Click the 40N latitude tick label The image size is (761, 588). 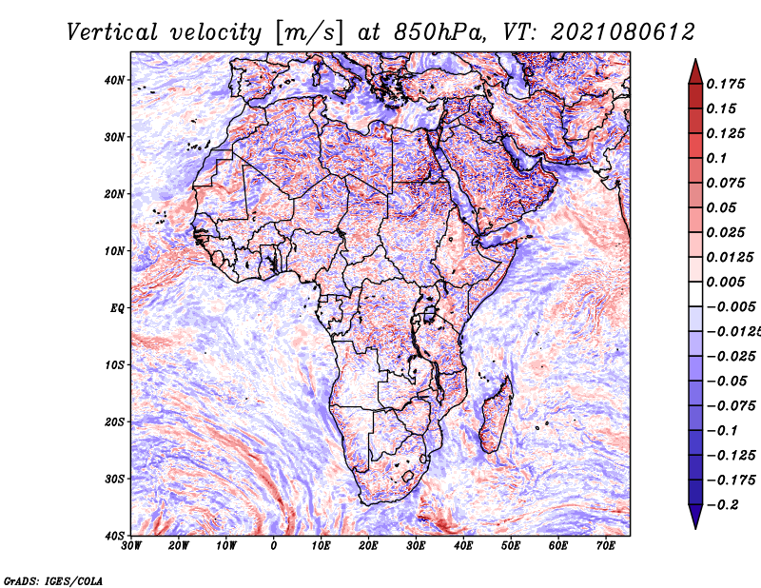pyautogui.click(x=114, y=80)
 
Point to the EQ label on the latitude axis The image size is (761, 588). pyautogui.click(x=117, y=308)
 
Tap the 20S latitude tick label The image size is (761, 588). pyautogui.click(x=114, y=421)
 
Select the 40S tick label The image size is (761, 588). pyautogui.click(x=114, y=536)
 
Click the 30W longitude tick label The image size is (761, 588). pyautogui.click(x=131, y=546)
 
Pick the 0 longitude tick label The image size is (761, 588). pyautogui.click(x=274, y=546)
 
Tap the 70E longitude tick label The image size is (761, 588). pyautogui.click(x=606, y=546)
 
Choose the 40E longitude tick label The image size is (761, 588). pyautogui.click(x=463, y=546)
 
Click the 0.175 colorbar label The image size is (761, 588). pyautogui.click(x=726, y=84)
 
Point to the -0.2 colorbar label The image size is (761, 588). pyautogui.click(x=722, y=504)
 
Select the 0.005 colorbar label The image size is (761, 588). pyautogui.click(x=726, y=282)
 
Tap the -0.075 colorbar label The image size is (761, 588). pyautogui.click(x=732, y=405)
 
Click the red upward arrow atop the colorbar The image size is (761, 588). pyautogui.click(x=695, y=71)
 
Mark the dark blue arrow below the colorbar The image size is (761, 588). pyautogui.click(x=695, y=516)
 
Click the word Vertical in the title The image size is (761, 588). pyautogui.click(x=112, y=32)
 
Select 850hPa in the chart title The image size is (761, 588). pyautogui.click(x=439, y=32)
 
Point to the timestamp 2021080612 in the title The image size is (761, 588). pyautogui.click(x=623, y=32)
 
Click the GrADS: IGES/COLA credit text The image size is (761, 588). pyautogui.click(x=53, y=580)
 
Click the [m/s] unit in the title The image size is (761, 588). pyautogui.click(x=308, y=33)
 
